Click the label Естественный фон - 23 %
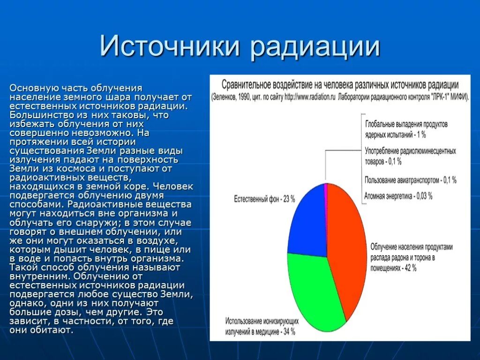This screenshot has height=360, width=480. (264, 199)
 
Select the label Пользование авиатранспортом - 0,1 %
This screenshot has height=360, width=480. (410, 180)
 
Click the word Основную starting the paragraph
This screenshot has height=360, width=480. (34, 88)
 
